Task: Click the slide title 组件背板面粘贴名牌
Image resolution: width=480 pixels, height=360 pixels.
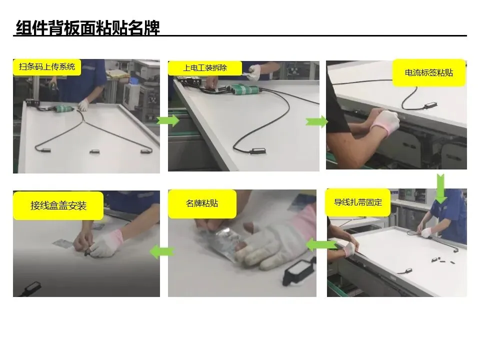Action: point(88,28)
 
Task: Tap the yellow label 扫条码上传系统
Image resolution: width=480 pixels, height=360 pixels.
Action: point(47,67)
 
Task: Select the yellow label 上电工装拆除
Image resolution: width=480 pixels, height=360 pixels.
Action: point(205,68)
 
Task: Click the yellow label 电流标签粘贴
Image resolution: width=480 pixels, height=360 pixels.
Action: point(429,73)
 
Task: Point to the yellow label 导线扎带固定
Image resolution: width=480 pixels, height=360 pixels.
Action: point(358,202)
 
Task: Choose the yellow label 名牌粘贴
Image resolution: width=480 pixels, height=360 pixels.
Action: point(202,204)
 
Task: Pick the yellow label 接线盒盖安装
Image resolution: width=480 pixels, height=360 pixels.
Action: point(58,205)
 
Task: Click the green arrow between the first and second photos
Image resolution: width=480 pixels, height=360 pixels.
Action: point(168,120)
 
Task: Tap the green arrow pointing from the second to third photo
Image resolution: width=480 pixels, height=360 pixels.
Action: point(316,122)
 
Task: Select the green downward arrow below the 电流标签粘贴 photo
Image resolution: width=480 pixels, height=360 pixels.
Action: point(440,188)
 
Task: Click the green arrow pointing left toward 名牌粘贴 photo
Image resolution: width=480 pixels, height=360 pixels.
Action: point(321,245)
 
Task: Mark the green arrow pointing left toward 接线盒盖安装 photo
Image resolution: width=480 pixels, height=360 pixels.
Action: point(162,252)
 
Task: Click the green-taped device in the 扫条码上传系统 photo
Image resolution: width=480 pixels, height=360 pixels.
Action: point(64,108)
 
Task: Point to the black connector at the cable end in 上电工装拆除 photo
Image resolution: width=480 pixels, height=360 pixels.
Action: point(257,151)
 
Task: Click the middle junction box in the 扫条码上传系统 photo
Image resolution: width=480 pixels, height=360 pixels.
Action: point(94,151)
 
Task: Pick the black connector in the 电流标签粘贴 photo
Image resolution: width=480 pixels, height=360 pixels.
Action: point(430,106)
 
